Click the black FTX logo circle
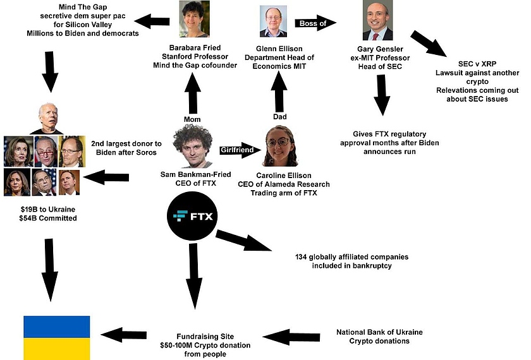[193, 217]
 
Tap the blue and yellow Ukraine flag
[56, 338]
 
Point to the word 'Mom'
[192, 118]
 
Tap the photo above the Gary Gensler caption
[377, 21]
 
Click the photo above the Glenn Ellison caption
[274, 22]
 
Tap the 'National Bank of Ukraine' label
[379, 332]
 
